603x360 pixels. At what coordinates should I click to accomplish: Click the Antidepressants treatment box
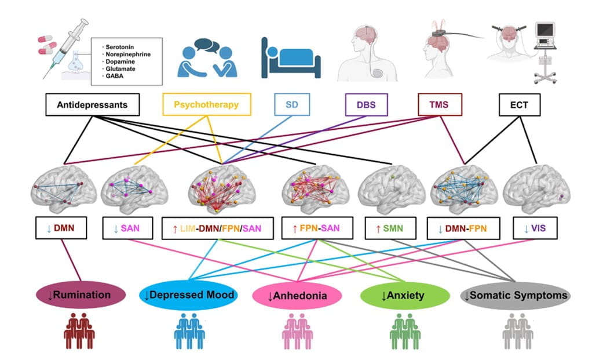click(x=92, y=105)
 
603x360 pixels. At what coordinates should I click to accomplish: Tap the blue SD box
click(x=291, y=105)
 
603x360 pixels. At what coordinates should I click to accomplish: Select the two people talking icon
click(x=203, y=57)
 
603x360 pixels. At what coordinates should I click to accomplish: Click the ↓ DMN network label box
click(x=61, y=228)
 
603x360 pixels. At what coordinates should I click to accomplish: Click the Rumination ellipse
click(x=79, y=295)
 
